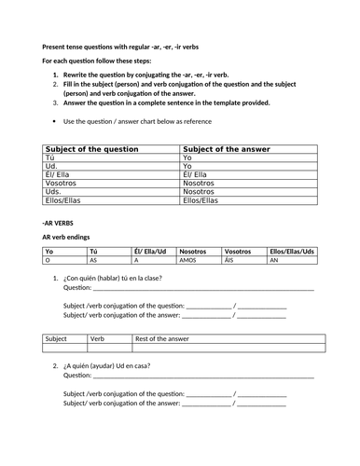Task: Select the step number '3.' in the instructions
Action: pyautogui.click(x=56, y=104)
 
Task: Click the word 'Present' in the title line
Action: pyautogui.click(x=56, y=47)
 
